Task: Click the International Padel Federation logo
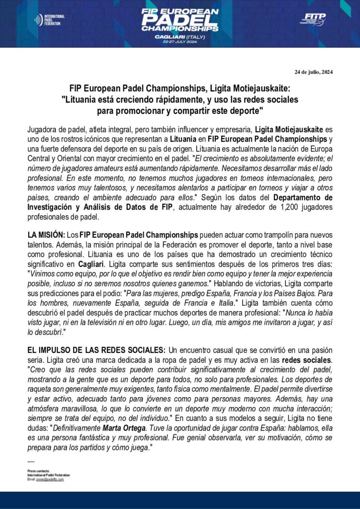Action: (49, 20)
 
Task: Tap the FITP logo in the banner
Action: (313, 19)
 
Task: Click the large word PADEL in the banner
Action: (180, 20)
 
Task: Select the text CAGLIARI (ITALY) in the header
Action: (180, 36)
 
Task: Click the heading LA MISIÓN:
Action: (46, 234)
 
